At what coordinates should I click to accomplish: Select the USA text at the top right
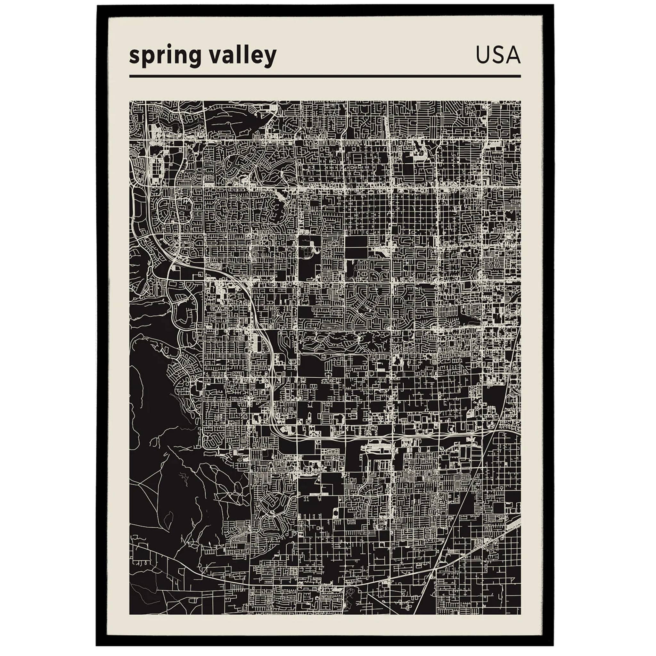498,55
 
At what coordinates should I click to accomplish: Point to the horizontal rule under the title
324,77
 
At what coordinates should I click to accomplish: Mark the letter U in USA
482,55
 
